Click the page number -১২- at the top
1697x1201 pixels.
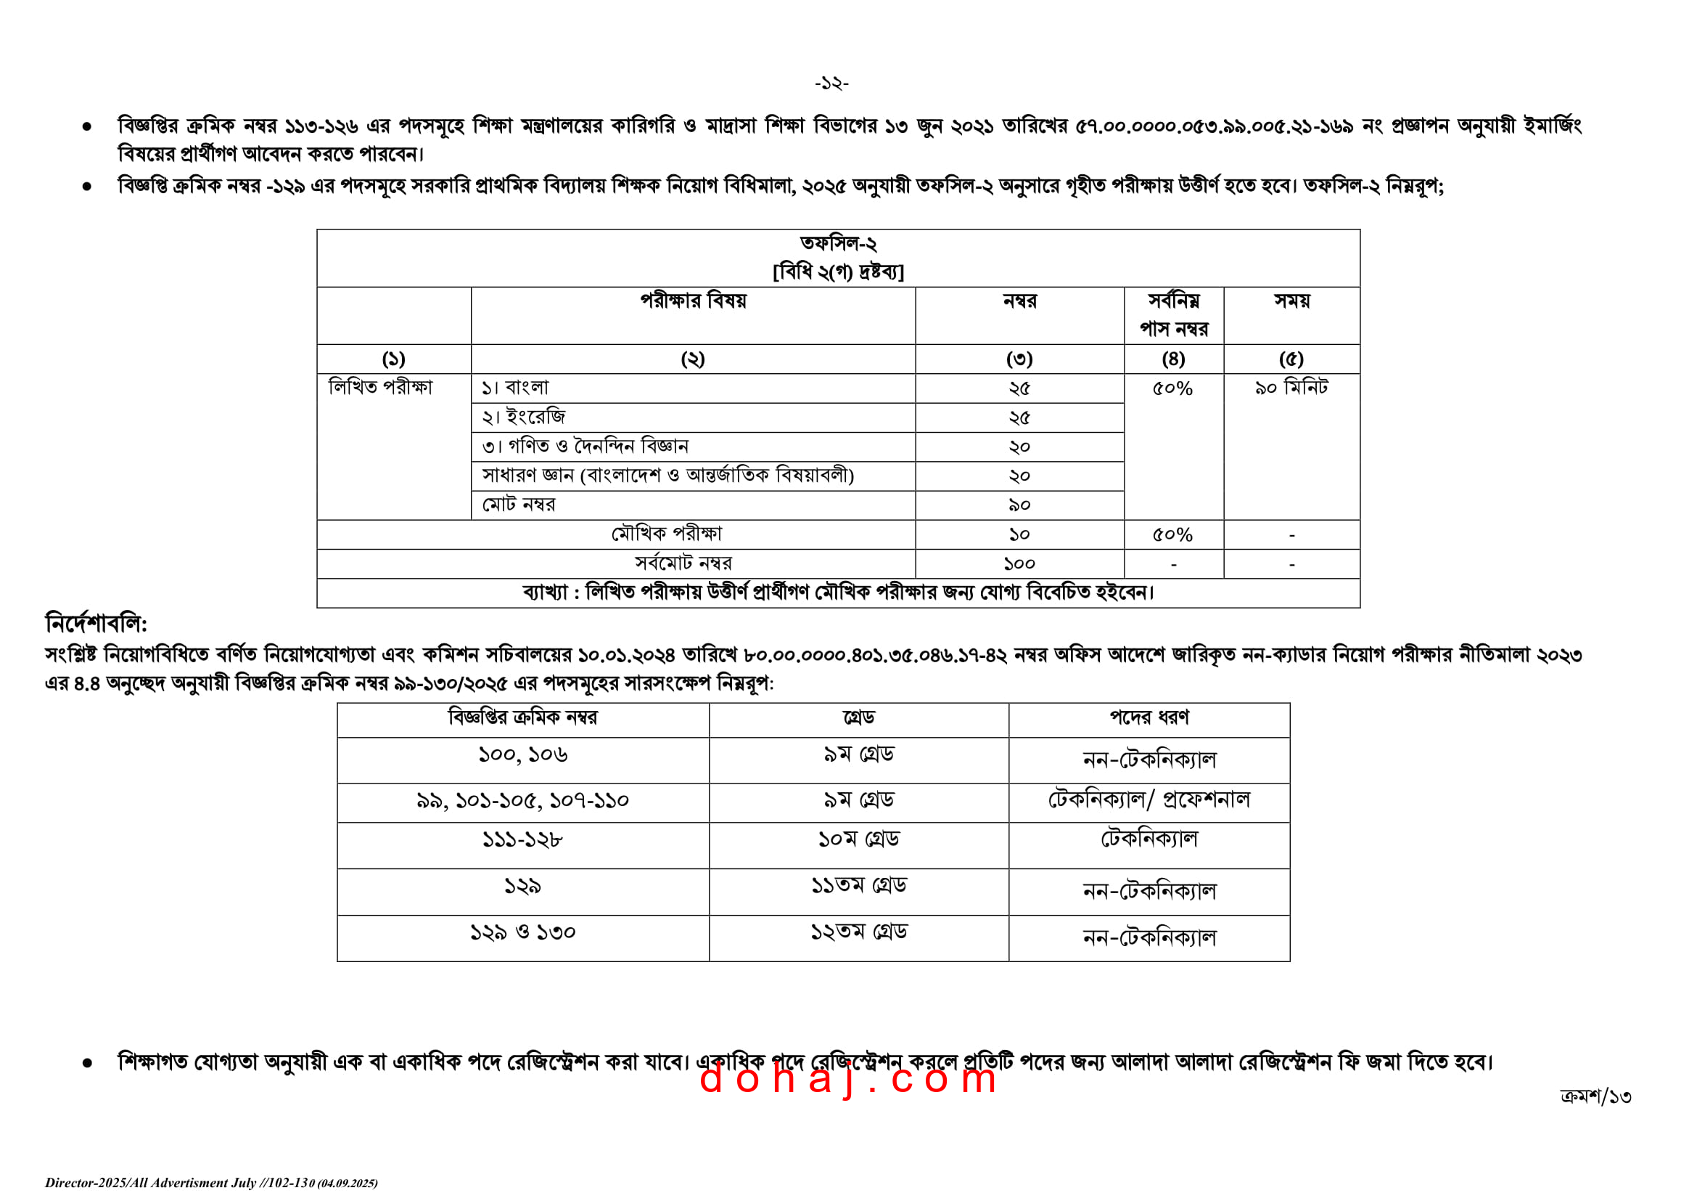coord(831,84)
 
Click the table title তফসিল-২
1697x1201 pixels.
coord(838,243)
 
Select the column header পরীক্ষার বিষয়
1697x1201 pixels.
coord(693,301)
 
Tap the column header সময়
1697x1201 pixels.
coord(1291,301)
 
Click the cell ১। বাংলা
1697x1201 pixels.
coord(515,388)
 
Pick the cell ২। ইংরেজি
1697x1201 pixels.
coord(523,417)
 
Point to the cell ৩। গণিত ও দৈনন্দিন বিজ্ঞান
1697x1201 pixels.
coord(585,446)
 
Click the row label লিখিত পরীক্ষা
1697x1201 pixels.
coord(381,387)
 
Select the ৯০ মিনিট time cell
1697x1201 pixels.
coord(1291,388)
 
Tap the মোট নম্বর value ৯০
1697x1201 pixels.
coord(1019,505)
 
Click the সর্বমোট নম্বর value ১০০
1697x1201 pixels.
coord(1019,563)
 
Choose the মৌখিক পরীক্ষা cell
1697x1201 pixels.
coord(666,534)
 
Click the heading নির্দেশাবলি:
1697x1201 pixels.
coord(96,624)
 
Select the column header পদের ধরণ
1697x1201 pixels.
coord(1149,717)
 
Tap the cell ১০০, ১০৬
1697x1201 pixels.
coord(522,755)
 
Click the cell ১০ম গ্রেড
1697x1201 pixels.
coord(858,839)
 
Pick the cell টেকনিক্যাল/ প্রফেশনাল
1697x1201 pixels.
coord(1149,799)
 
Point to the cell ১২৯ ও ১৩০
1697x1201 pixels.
coord(522,932)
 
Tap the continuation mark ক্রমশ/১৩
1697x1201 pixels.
coord(1595,1096)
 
